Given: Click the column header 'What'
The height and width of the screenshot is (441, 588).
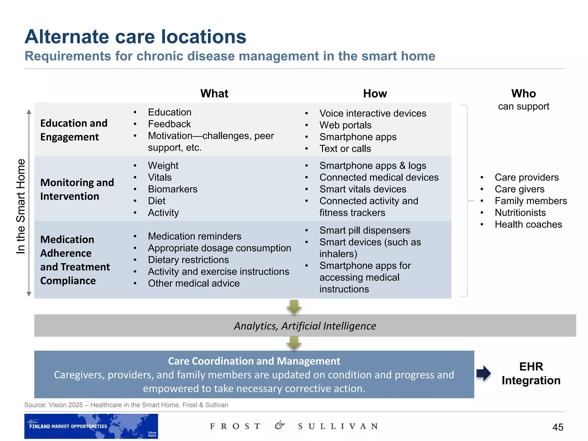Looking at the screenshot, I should (x=214, y=94).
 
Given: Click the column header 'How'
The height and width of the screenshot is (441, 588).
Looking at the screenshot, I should (x=375, y=94).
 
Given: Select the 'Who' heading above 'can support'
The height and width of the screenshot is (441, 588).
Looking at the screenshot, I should (x=523, y=94).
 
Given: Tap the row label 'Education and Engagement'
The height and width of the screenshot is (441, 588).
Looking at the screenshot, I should (x=74, y=130).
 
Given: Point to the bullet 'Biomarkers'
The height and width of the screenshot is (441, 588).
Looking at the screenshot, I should (x=173, y=189).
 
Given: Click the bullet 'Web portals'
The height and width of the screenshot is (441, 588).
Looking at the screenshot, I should (x=345, y=125).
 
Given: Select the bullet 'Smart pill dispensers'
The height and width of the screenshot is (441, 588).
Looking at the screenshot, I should (x=365, y=230).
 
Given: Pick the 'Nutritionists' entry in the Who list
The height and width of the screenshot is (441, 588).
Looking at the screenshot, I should (x=520, y=213).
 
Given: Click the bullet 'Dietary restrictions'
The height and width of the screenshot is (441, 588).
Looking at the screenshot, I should (x=188, y=260).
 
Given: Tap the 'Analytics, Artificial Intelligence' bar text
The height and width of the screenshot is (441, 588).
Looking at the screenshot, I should (x=305, y=326).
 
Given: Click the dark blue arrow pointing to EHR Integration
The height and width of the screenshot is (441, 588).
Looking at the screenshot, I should (x=484, y=373).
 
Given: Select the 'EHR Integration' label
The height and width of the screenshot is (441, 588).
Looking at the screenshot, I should (x=531, y=374).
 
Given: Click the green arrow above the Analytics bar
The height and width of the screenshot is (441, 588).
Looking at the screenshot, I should (x=294, y=307).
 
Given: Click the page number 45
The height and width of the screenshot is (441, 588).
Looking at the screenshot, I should (x=558, y=427).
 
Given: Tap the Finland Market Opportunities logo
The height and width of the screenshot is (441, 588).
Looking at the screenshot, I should (x=91, y=426).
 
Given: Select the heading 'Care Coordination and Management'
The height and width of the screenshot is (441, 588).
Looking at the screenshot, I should (x=254, y=361).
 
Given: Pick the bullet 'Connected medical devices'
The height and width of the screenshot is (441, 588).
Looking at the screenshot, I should (x=379, y=177).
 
